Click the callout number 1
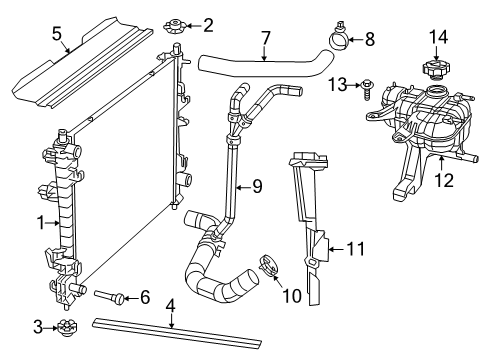(x=39, y=222)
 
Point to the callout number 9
(x=257, y=185)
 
